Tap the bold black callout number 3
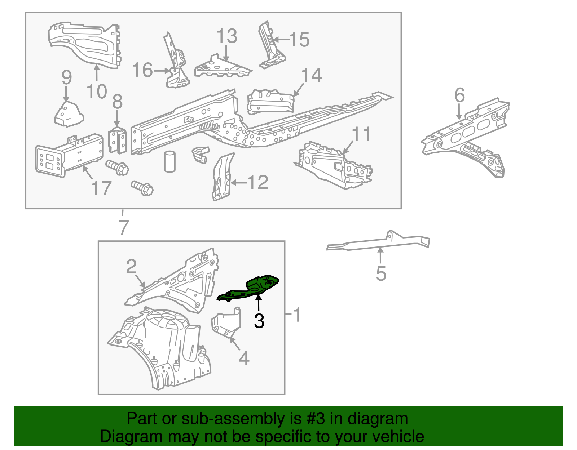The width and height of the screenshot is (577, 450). point(259,321)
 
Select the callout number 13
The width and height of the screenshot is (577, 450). point(227,36)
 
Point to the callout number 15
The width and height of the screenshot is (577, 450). point(299,40)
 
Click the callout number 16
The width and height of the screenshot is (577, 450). point(142,70)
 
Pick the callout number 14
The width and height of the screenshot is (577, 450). point(312,75)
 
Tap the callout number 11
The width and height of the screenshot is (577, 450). point(361,134)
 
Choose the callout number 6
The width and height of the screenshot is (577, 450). point(460,95)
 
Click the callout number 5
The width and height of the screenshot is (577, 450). point(381,273)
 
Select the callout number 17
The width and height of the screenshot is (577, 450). point(101,188)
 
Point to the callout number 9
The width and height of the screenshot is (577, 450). point(66,77)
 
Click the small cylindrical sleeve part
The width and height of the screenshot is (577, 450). point(170,161)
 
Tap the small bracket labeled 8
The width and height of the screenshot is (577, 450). point(117,140)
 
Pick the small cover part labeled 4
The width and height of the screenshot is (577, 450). point(226,323)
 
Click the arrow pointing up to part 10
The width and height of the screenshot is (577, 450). point(97,72)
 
